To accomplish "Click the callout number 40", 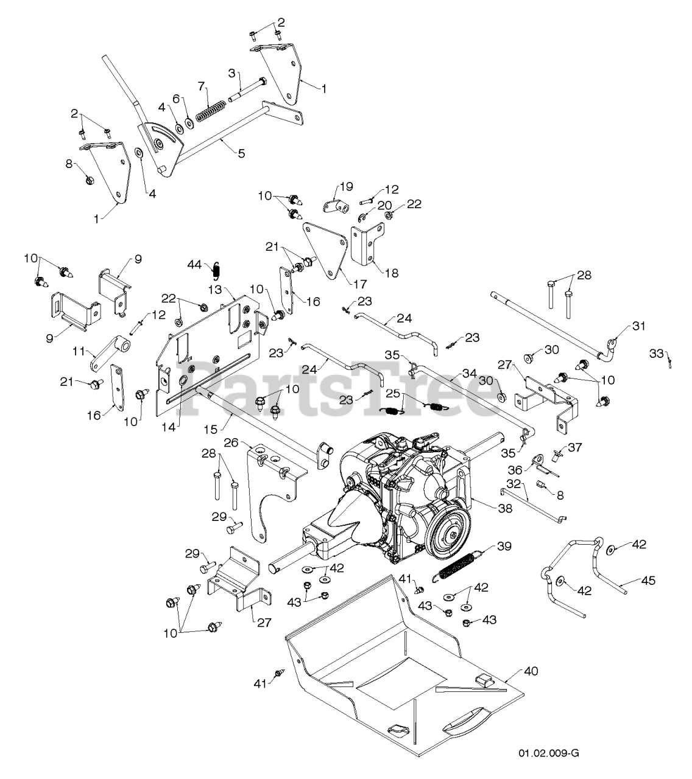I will tap(531, 671).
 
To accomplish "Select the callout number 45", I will tap(648, 581).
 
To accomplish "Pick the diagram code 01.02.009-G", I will tap(548, 753).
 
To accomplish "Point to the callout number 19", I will tap(346, 186).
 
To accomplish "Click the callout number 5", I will tap(242, 153).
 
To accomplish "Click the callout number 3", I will tap(232, 73).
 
